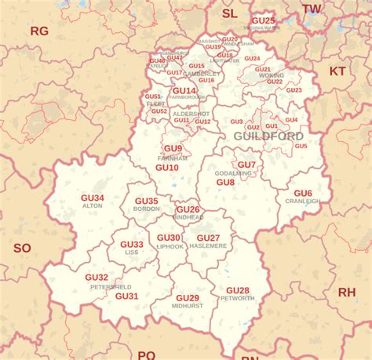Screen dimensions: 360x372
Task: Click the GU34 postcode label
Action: point(92,198)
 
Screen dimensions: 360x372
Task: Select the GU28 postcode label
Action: point(237,291)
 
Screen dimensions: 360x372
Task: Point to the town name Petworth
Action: point(237,299)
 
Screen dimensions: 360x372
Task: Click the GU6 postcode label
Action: point(303,193)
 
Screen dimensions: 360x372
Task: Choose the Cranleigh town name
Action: point(303,201)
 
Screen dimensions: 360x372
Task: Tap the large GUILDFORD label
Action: point(268,136)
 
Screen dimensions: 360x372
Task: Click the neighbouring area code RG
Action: point(39,31)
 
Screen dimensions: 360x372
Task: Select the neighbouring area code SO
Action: point(22,248)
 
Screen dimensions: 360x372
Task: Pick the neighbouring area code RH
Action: point(346,292)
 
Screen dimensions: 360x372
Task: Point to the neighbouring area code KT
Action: point(337,71)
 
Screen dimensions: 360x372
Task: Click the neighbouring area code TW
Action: point(312,9)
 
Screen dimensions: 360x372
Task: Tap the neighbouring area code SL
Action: point(229,13)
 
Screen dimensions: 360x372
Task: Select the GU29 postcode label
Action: point(188,297)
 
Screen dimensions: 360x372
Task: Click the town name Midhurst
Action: point(188,305)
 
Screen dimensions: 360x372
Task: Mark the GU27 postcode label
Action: point(208,238)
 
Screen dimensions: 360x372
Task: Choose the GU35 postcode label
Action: point(146,201)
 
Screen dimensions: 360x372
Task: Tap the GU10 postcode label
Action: point(166,167)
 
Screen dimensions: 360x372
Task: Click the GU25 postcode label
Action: point(264,20)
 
